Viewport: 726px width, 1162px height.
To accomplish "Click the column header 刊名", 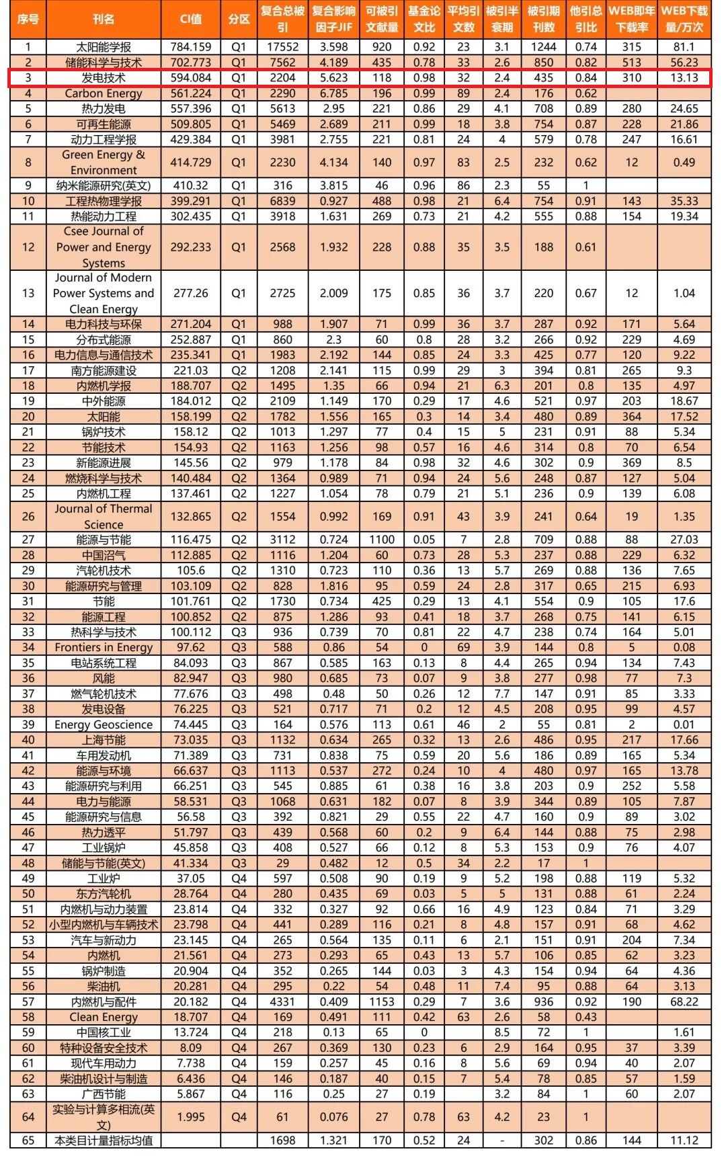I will pos(104,19).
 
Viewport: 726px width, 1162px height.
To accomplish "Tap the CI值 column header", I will pos(191,19).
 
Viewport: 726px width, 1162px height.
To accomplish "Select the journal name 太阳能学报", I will pos(104,47).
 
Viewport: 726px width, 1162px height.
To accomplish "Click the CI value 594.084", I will pos(191,78).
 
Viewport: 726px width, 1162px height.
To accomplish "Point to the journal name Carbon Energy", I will pos(104,93).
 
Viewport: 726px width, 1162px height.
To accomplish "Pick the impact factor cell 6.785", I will pos(333,93).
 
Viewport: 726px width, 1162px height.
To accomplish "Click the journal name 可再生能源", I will pos(104,124).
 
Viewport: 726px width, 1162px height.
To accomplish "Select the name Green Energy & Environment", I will pos(104,163).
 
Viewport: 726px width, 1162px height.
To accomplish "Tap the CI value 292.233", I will pos(191,247).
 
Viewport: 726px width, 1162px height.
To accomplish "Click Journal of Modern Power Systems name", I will pos(104,294).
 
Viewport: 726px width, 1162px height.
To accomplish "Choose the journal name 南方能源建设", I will pos(104,370).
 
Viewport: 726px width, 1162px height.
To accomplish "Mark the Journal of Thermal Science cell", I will pos(104,517).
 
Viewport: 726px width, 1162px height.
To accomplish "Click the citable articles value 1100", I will pos(382,540).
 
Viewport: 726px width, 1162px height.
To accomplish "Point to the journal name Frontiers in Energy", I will pos(104,647).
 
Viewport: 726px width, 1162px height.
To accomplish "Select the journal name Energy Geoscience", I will pos(104,724).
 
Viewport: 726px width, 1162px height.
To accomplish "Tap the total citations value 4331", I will pos(282,1001).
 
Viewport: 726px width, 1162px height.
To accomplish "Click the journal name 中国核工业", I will pos(104,1032).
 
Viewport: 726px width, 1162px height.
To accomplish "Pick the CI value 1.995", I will pos(191,1117).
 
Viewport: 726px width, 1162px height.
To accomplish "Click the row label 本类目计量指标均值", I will pos(104,1140).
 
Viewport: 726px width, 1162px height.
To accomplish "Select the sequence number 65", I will pos(28,1140).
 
